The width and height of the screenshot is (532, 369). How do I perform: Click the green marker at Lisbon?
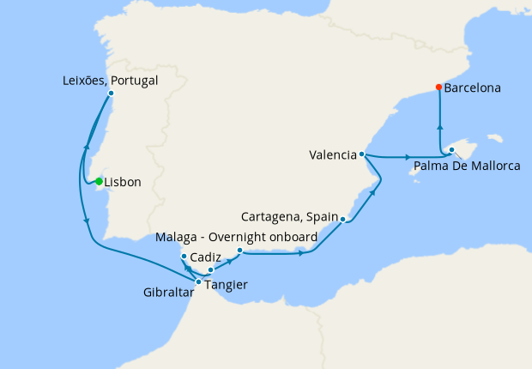(100, 181)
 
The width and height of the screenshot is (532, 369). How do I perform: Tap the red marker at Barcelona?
(438, 87)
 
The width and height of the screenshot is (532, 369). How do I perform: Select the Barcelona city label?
(473, 88)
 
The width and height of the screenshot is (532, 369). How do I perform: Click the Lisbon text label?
(123, 182)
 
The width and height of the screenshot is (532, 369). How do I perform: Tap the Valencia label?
(333, 155)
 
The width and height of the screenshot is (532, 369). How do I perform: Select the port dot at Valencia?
(362, 154)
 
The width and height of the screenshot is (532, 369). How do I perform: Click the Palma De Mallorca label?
(467, 166)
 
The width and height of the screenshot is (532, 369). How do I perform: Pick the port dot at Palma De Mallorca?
(449, 152)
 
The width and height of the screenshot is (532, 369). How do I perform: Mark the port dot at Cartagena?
(343, 220)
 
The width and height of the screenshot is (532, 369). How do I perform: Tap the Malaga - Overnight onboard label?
(236, 236)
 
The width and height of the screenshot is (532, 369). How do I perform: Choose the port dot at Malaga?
(239, 251)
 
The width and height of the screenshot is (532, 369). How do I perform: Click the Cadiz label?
(207, 257)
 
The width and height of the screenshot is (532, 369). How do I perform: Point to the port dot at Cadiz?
(184, 257)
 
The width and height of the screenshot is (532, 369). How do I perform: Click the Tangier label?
(227, 284)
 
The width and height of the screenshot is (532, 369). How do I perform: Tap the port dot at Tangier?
(198, 281)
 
